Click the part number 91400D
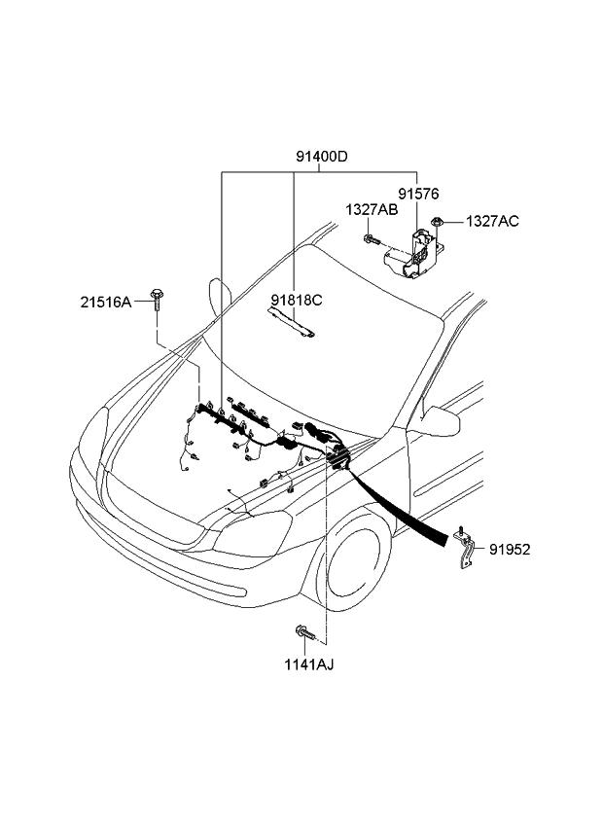point(322,156)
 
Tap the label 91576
point(417,194)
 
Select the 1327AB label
point(371,209)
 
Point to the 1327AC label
point(491,222)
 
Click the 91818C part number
point(297,300)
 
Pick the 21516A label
point(105,303)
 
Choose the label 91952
point(510,549)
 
